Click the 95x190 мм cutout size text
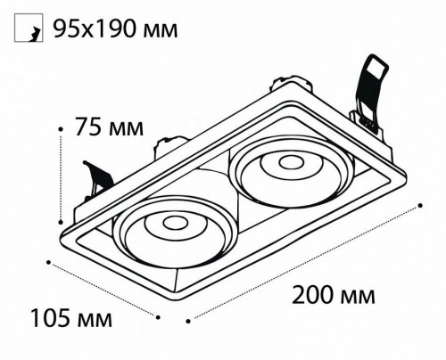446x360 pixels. click(x=115, y=29)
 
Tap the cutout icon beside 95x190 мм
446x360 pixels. click(x=29, y=28)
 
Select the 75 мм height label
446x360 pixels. click(x=109, y=127)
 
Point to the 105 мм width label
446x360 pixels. click(x=71, y=318)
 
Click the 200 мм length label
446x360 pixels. click(x=334, y=295)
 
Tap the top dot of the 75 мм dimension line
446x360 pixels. click(x=61, y=129)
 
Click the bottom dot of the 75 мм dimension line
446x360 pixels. click(x=61, y=222)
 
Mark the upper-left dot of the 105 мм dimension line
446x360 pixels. click(x=48, y=262)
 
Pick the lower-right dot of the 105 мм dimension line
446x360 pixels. click(x=158, y=317)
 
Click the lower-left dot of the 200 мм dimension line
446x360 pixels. click(x=188, y=321)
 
